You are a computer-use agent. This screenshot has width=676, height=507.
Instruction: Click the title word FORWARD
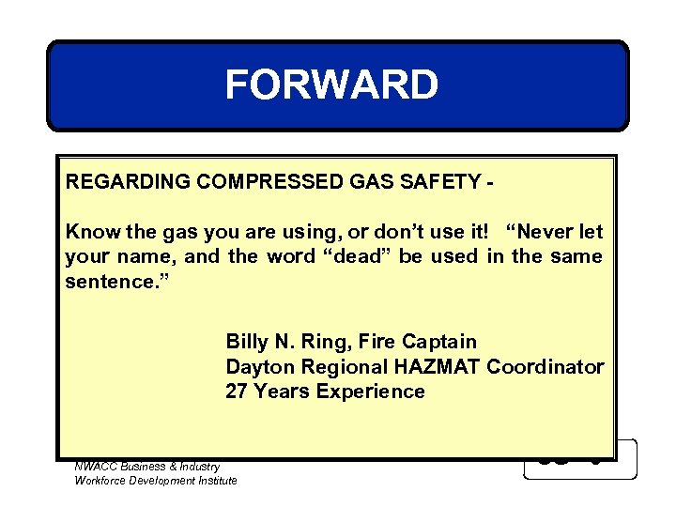point(331,85)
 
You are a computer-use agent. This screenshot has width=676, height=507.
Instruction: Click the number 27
point(237,392)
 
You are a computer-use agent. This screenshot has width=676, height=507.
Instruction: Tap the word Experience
point(370,392)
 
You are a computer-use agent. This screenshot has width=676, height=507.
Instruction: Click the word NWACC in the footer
point(95,467)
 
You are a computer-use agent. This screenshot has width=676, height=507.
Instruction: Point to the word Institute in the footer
point(215,481)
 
